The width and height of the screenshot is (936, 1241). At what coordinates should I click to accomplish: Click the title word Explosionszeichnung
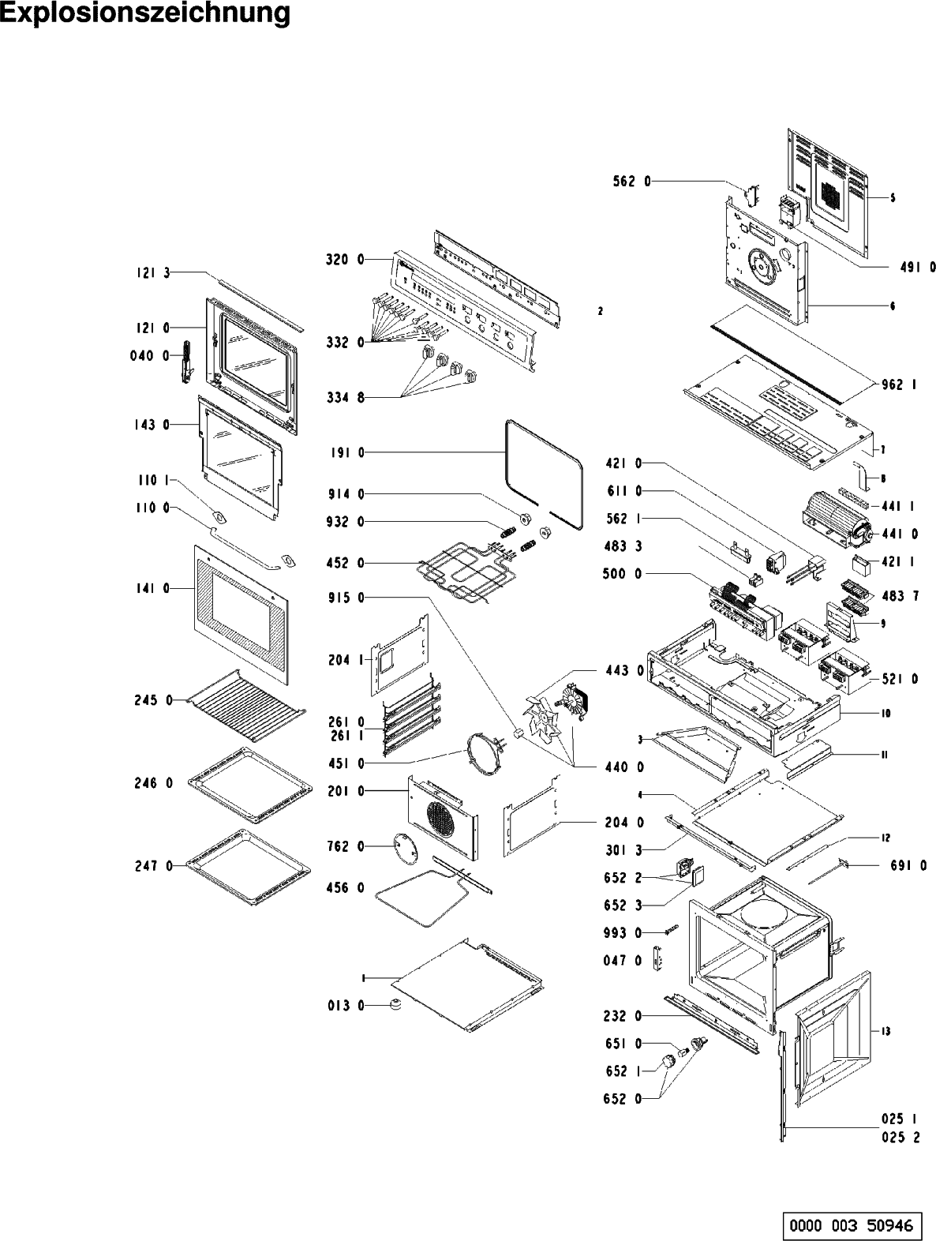[144, 15]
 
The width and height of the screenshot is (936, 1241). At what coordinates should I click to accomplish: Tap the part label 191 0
[346, 453]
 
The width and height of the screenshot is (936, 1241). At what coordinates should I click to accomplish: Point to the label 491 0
[918, 268]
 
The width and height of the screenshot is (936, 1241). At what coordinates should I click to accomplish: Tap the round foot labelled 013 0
[395, 1005]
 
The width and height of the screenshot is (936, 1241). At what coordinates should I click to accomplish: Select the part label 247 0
[152, 866]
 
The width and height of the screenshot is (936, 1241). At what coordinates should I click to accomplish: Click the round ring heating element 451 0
[483, 755]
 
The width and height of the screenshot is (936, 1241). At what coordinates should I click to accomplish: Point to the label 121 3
[150, 273]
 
